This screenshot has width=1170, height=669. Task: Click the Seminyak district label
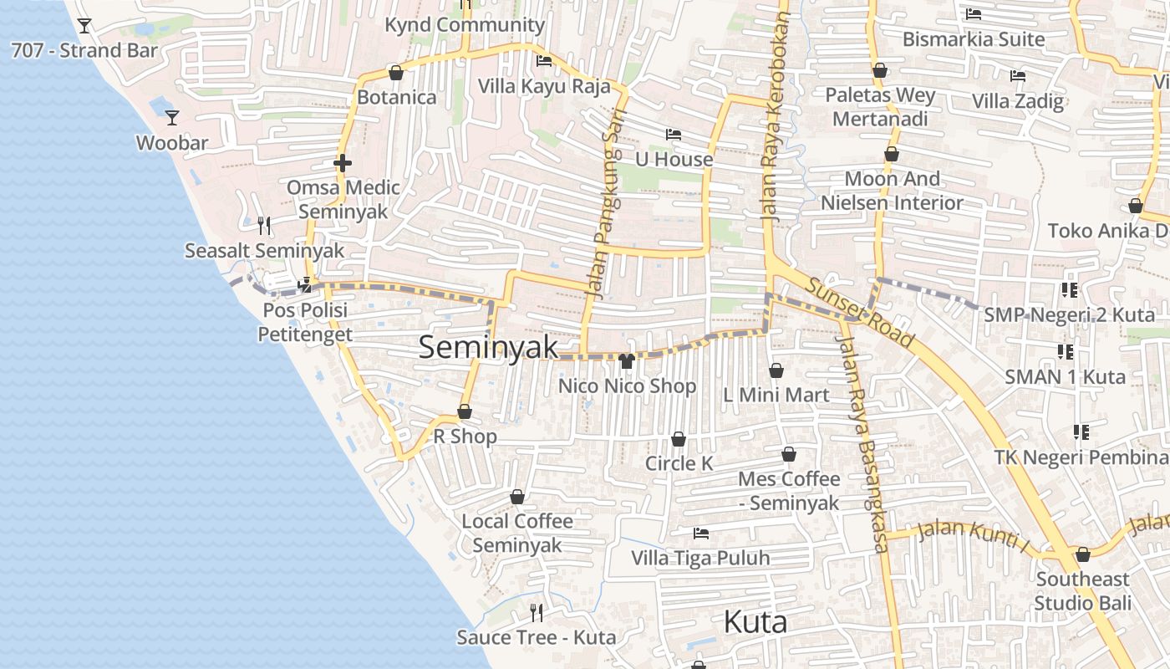pos(488,346)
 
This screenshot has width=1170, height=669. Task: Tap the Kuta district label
pos(755,622)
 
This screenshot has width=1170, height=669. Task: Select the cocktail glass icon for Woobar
pos(172,117)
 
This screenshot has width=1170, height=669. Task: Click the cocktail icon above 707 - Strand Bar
pos(84,25)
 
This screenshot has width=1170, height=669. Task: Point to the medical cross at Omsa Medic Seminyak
pos(343,162)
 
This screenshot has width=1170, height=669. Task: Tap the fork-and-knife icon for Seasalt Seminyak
pos(264,225)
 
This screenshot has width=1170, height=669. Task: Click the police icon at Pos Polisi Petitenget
pos(305,285)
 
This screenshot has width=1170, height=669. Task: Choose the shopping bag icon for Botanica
pos(396,73)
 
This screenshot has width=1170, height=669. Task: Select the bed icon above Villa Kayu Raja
pos(544,61)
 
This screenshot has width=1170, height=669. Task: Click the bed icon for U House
pos(674,134)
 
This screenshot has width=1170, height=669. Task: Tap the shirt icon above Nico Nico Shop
pos(627,361)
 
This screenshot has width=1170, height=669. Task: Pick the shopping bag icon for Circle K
pos(679,439)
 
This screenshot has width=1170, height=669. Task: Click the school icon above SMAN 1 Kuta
pos(1066,351)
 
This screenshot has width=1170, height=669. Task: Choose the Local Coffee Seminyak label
pos(517,533)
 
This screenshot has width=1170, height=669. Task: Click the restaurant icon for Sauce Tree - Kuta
pos(537,613)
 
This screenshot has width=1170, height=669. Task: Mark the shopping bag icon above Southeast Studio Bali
pos(1083,554)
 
